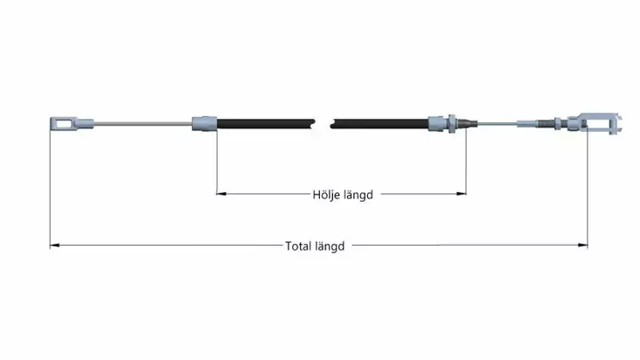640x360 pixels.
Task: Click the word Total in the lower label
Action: (x=298, y=246)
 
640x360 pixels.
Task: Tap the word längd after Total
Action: (x=330, y=246)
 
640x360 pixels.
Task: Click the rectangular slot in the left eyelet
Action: (x=63, y=123)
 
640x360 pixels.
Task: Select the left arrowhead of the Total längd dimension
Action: (x=55, y=245)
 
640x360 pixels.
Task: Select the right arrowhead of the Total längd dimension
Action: (x=583, y=245)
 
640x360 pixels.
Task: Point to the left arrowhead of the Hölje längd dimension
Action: (x=221, y=194)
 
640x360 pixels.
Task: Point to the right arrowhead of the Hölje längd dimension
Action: (x=462, y=194)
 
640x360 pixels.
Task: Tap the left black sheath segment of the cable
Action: (x=266, y=124)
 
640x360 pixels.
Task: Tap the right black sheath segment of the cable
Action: (x=379, y=124)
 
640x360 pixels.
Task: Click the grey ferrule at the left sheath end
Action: (x=205, y=123)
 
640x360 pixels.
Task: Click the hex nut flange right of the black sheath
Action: (x=452, y=123)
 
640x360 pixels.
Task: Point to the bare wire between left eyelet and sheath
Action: (x=143, y=123)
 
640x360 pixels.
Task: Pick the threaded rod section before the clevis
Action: (x=546, y=123)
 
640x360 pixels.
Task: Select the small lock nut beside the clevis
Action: (x=558, y=123)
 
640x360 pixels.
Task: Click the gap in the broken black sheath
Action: (x=323, y=124)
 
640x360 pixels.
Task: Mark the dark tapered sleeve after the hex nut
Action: (x=467, y=123)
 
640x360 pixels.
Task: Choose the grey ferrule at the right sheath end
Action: (x=438, y=123)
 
